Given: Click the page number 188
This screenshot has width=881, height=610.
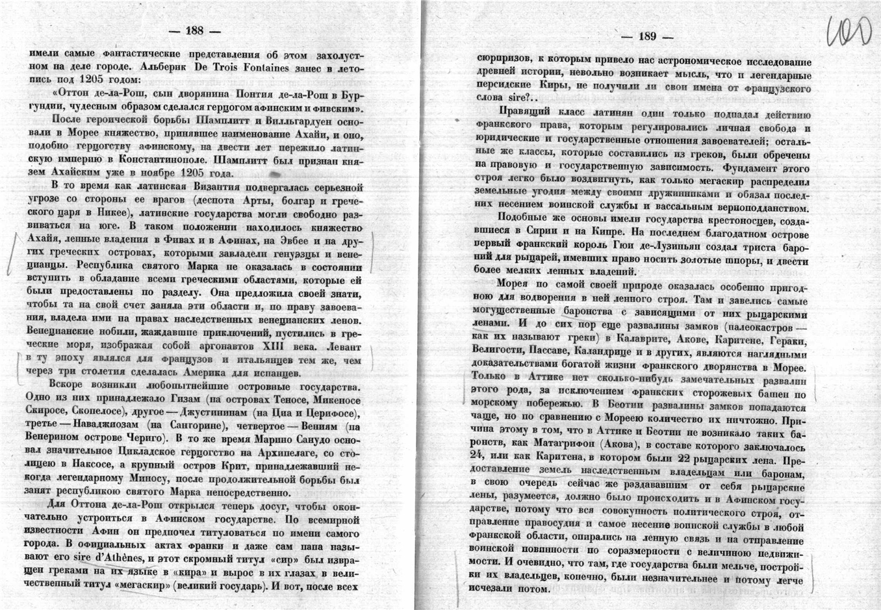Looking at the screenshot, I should [x=194, y=31].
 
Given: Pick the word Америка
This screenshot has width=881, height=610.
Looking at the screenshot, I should [x=207, y=373].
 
